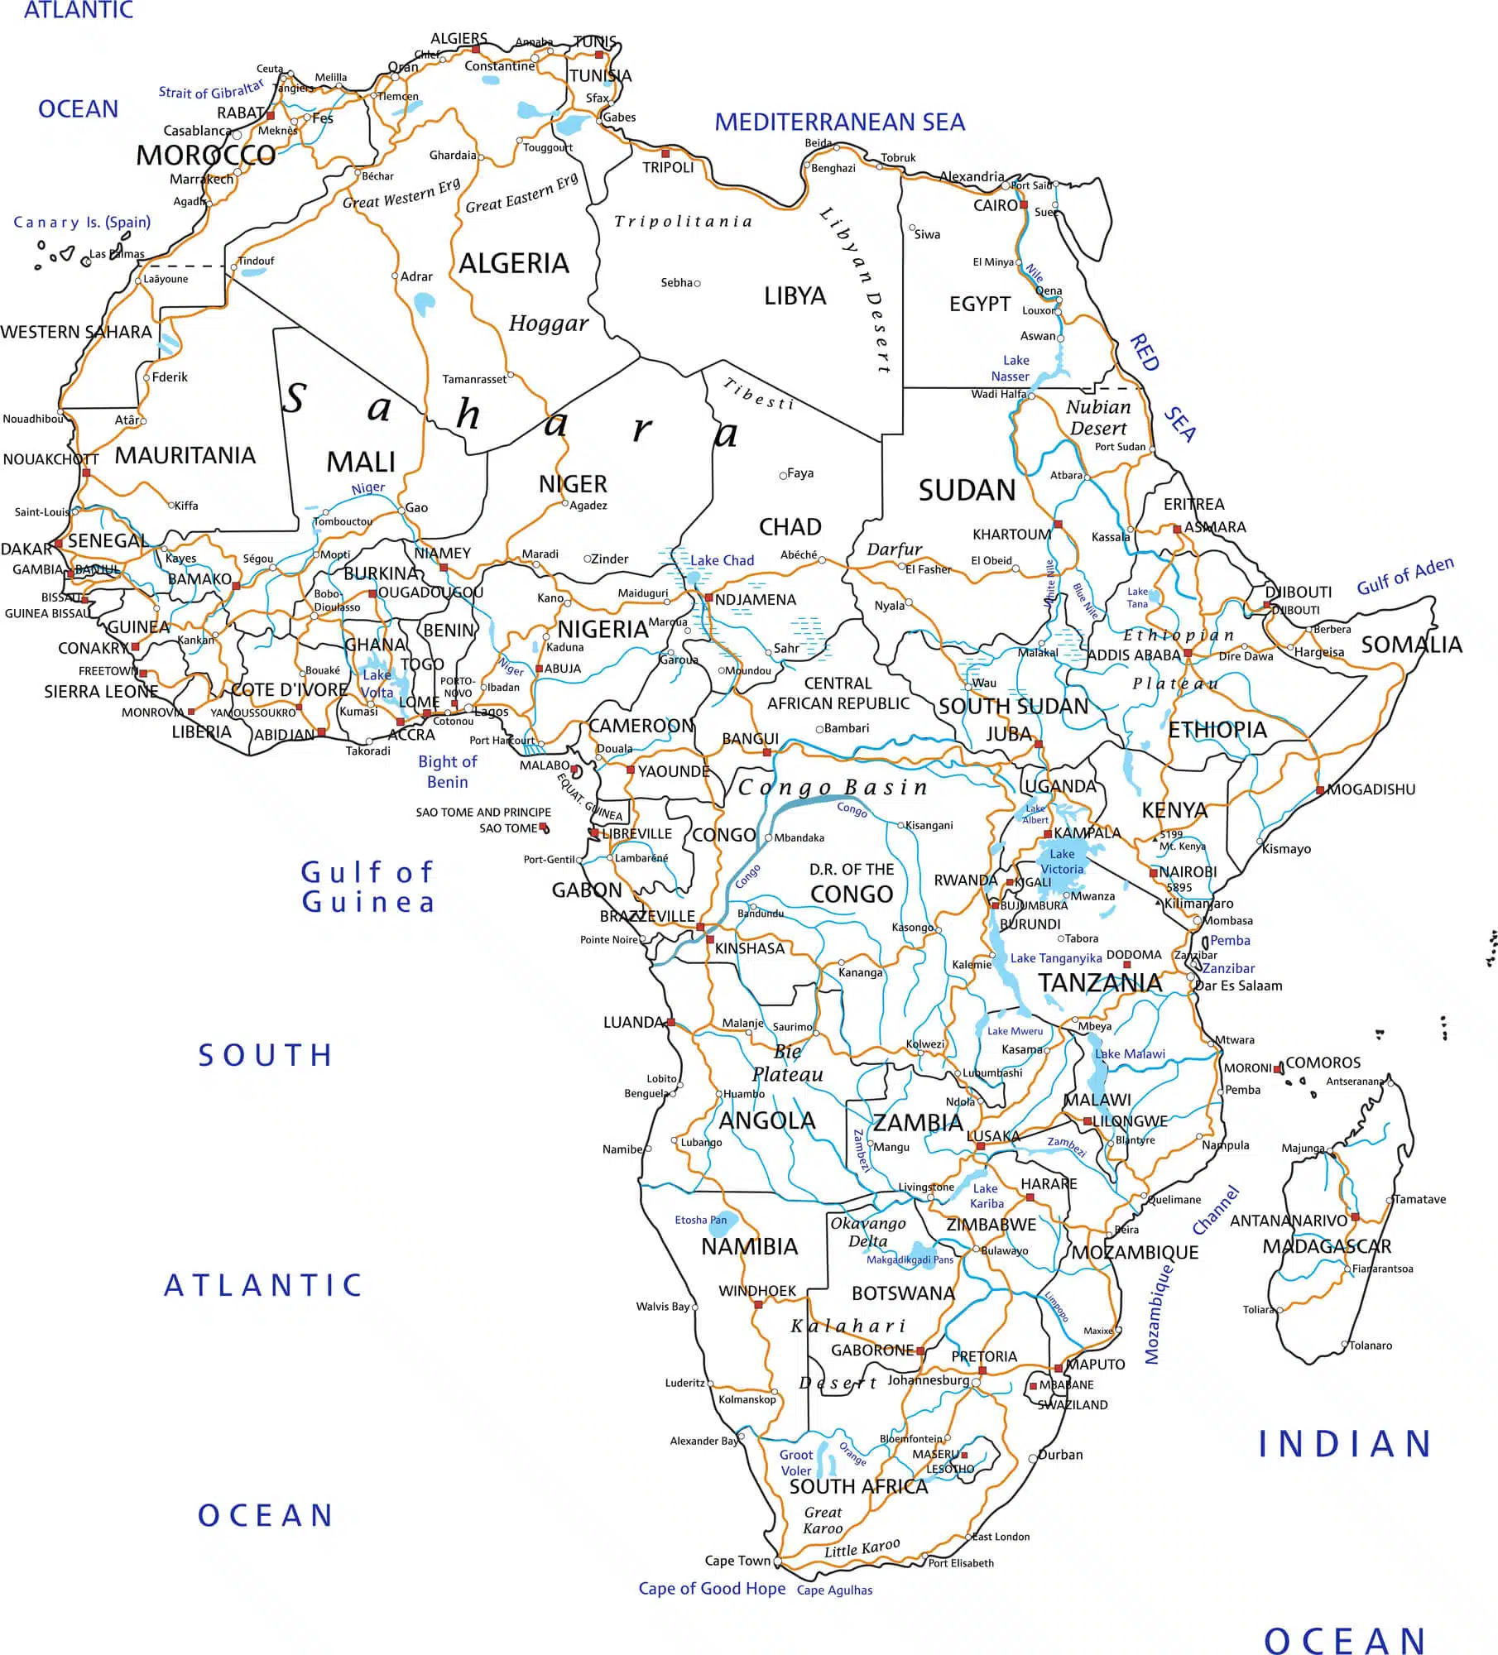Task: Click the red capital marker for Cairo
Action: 1024,204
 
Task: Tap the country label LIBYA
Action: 795,295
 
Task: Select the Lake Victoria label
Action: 1062,861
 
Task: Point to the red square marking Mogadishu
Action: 1320,790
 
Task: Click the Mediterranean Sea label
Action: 839,122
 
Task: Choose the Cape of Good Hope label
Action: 712,1588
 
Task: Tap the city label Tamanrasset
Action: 473,379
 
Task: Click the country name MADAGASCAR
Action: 1326,1246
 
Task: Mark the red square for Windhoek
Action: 758,1304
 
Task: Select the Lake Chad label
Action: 722,560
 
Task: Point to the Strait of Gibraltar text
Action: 211,89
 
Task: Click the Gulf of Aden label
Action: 1404,576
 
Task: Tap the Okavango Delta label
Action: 868,1232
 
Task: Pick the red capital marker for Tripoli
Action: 665,154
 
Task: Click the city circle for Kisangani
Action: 901,825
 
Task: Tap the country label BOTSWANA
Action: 903,1293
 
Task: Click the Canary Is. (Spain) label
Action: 82,222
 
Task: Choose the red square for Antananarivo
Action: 1355,1217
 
